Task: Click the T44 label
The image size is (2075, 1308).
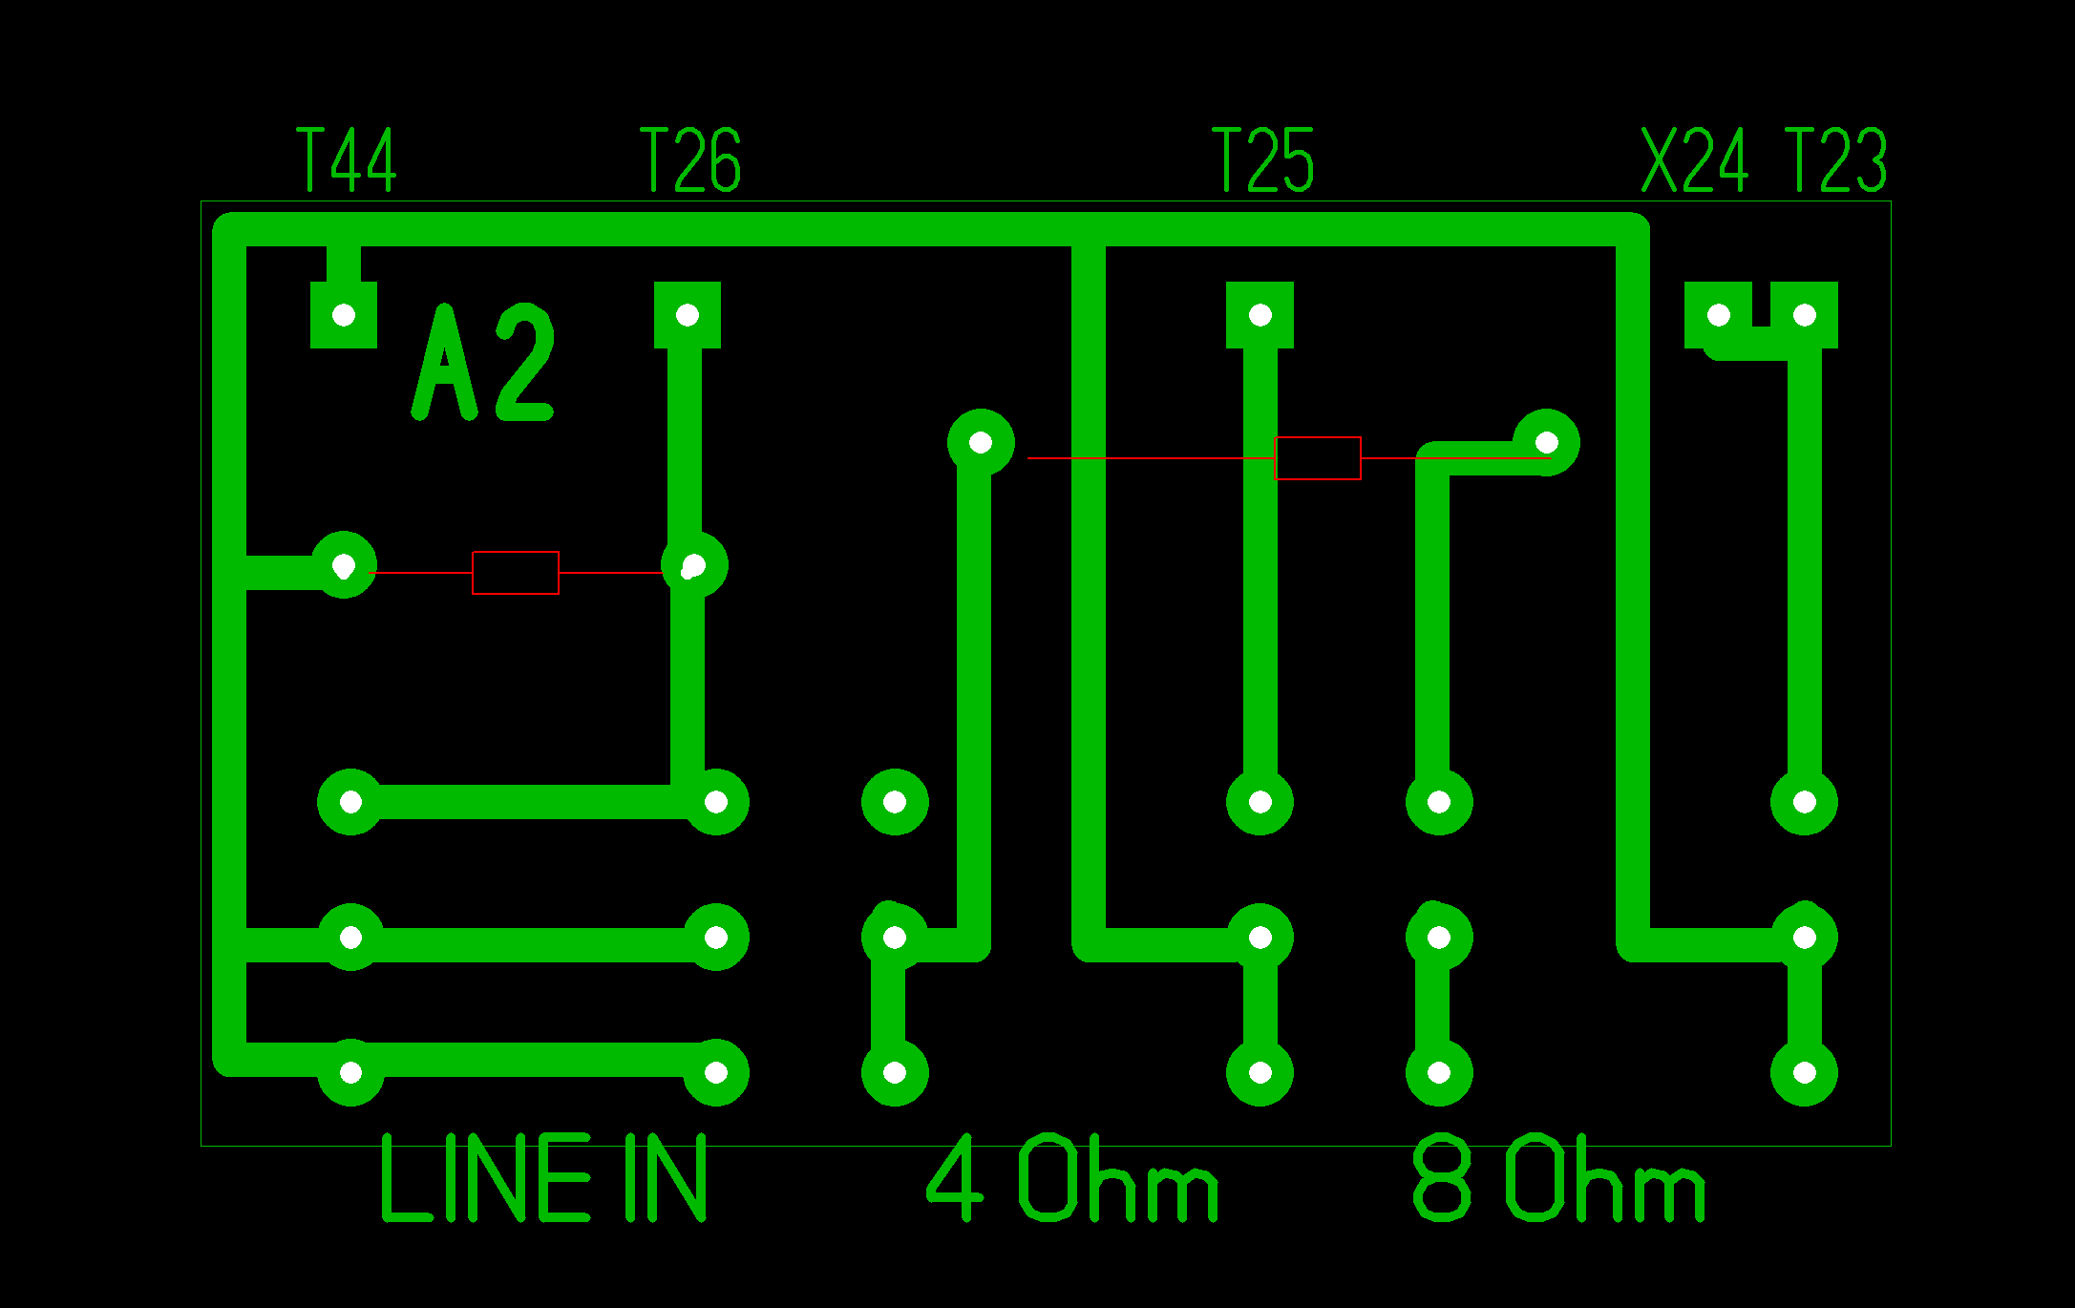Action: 347,159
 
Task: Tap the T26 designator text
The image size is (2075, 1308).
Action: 689,159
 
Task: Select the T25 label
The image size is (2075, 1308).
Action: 1262,159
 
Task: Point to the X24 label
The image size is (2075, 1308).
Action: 1694,159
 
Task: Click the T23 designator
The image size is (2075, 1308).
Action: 1835,159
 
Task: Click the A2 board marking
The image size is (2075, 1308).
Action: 483,363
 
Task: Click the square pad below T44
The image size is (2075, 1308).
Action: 344,315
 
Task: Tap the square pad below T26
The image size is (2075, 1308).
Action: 688,315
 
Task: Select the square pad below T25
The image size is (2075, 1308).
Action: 1260,315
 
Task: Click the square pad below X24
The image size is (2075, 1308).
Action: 1718,315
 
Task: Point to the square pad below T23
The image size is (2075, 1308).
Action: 1805,315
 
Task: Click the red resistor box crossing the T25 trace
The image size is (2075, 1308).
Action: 1318,458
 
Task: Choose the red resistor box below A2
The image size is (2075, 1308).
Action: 516,573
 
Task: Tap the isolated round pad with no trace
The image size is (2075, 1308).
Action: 895,802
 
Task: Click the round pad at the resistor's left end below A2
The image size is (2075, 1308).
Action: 344,565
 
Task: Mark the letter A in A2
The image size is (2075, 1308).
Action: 444,363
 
